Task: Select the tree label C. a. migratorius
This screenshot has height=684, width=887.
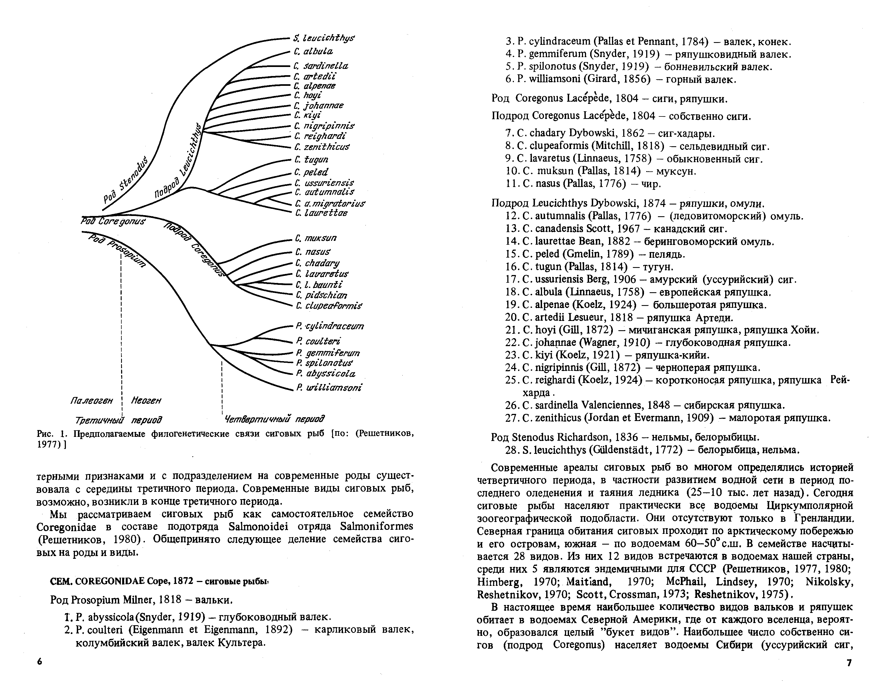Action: (330, 203)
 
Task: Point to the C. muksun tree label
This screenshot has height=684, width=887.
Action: (316, 238)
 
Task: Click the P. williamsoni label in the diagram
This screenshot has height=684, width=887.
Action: (329, 388)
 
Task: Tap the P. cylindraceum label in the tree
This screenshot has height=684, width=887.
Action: (330, 326)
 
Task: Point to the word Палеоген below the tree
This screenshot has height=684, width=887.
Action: (91, 401)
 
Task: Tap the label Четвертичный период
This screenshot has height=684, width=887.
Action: (274, 418)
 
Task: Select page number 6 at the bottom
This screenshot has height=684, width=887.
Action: (39, 662)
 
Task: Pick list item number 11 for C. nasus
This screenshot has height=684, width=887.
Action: (511, 184)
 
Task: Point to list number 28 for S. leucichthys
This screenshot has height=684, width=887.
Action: (511, 450)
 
